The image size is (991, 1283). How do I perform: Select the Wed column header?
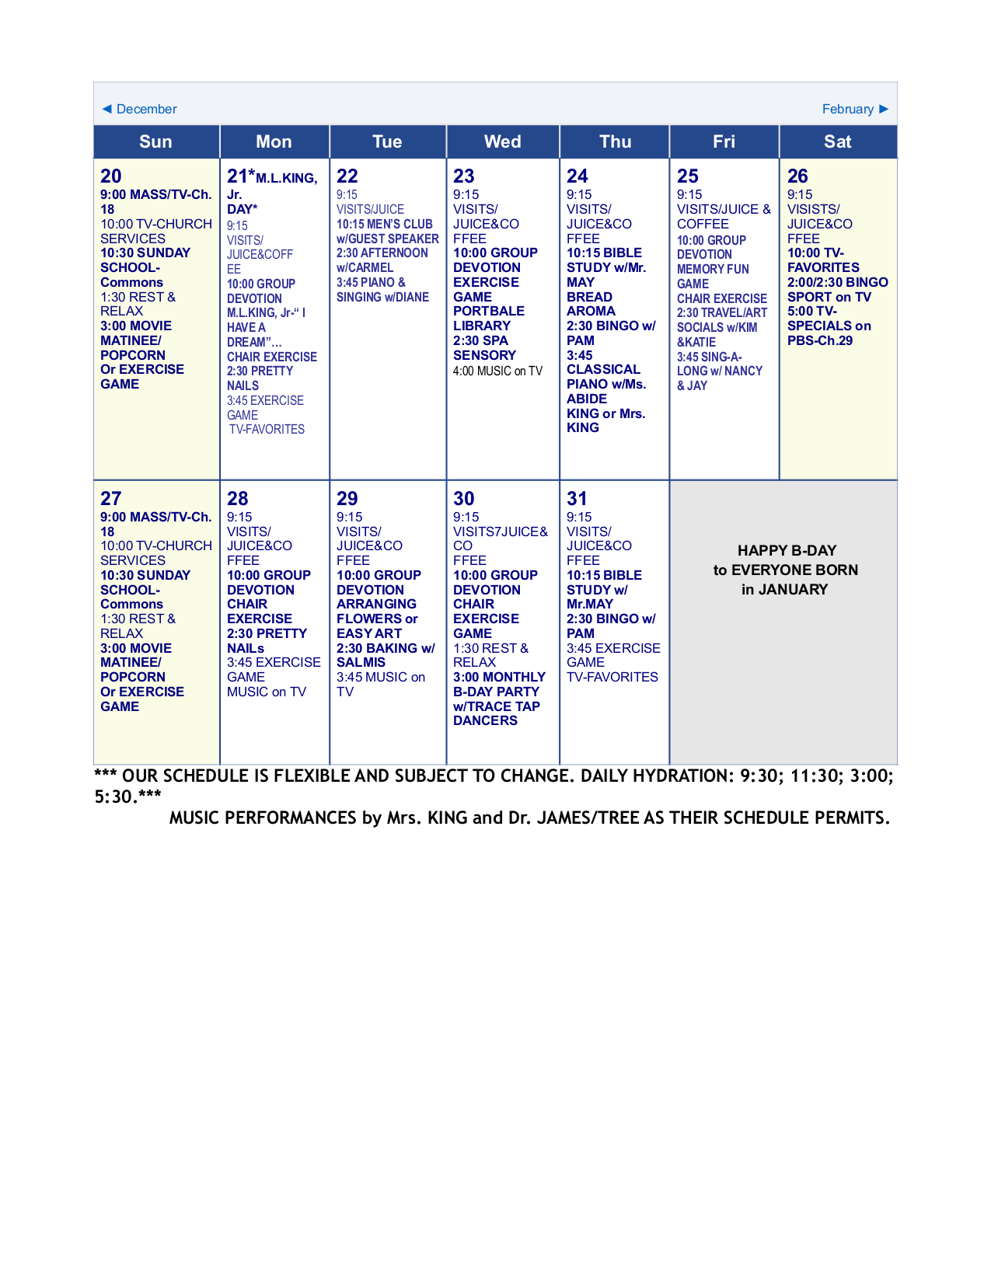pos(502,141)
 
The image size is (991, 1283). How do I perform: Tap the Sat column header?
pos(837,141)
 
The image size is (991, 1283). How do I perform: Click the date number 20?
pos(111,176)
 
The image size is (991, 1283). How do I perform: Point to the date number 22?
pos(347,176)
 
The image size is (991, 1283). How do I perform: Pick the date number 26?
pos(797,176)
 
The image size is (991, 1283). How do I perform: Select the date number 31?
pos(577,499)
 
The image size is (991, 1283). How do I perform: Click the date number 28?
pos(238,499)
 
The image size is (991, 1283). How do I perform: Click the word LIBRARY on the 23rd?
pos(482,326)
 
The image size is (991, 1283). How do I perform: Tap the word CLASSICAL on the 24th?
pos(603,369)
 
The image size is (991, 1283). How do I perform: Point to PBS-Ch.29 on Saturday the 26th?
pos(820,340)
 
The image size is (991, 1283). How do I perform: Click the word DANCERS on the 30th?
pos(485,720)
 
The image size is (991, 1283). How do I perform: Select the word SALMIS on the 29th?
pos(361,662)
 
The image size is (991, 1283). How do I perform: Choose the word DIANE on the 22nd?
pos(412,297)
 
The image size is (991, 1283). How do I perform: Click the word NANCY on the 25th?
pos(743,371)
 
